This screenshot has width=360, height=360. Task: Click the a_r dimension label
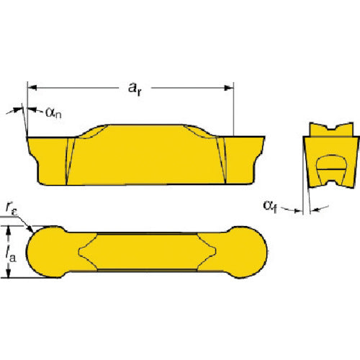click(x=135, y=89)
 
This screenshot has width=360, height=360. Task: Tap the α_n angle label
click(x=53, y=113)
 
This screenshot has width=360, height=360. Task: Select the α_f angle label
click(x=270, y=207)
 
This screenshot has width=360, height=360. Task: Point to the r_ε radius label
click(x=12, y=207)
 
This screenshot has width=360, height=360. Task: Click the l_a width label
click(x=11, y=255)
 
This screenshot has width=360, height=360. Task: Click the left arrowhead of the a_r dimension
click(x=32, y=88)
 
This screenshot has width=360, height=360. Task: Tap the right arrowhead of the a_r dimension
click(x=229, y=88)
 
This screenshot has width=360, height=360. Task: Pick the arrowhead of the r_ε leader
click(x=31, y=229)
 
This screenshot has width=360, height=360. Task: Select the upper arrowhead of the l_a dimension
click(x=9, y=230)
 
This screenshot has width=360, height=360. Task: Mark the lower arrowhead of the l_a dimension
click(x=9, y=273)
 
